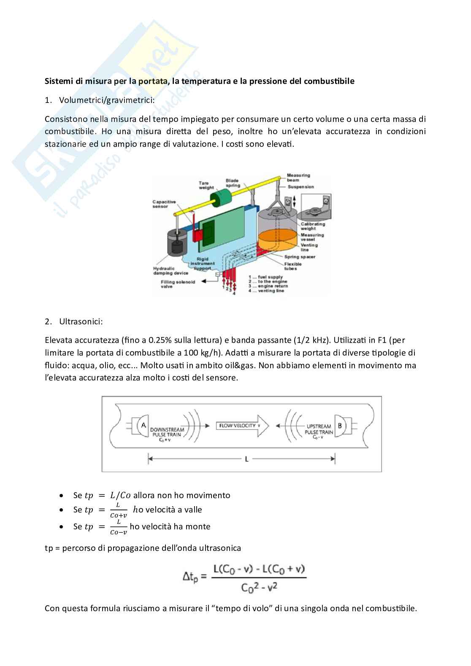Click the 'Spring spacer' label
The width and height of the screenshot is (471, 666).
(x=300, y=256)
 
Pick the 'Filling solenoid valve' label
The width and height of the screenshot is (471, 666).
(x=178, y=284)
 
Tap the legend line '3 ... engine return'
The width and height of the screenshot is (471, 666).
(x=268, y=286)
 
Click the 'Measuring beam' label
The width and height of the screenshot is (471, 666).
(x=298, y=178)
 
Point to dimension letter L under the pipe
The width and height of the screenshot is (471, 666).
(x=246, y=459)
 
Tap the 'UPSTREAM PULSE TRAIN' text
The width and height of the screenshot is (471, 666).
(x=319, y=429)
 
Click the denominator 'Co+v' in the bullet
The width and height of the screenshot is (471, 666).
(x=118, y=515)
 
